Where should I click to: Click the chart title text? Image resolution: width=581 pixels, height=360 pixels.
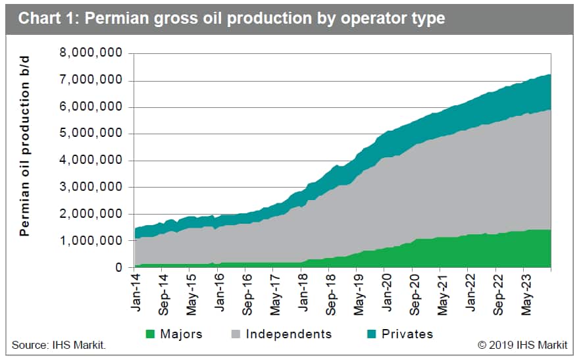click(232, 18)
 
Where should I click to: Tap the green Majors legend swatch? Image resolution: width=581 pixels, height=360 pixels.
click(150, 334)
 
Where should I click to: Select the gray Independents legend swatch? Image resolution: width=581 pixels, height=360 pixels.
click(236, 334)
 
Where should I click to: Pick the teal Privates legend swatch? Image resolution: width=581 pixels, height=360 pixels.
click(371, 334)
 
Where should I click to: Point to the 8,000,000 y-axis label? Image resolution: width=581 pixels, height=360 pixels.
click(91, 53)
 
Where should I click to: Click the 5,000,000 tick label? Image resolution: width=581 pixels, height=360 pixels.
click(91, 133)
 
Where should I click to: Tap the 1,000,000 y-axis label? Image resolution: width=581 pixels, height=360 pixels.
click(91, 241)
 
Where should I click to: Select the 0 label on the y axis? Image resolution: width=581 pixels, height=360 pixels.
click(118, 267)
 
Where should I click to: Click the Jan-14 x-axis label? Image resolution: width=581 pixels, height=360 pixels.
click(136, 293)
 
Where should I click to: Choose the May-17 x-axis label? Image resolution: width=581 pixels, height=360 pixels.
click(275, 295)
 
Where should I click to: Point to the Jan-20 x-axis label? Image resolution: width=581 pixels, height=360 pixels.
click(387, 293)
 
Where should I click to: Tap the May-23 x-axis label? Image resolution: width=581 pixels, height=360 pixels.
click(526, 295)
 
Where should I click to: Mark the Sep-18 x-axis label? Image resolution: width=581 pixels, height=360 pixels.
click(331, 295)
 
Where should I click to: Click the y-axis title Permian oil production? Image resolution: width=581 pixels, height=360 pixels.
click(24, 146)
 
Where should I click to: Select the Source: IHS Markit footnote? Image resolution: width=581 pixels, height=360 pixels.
click(59, 345)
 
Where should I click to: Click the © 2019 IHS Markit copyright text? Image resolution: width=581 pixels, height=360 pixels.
click(522, 345)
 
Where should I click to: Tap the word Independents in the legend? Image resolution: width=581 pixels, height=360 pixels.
click(289, 334)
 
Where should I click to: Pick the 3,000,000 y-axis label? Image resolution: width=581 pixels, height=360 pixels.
click(91, 187)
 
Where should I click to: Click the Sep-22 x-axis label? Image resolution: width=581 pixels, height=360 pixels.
click(498, 295)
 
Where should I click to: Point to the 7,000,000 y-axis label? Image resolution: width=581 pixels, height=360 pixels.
click(91, 80)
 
